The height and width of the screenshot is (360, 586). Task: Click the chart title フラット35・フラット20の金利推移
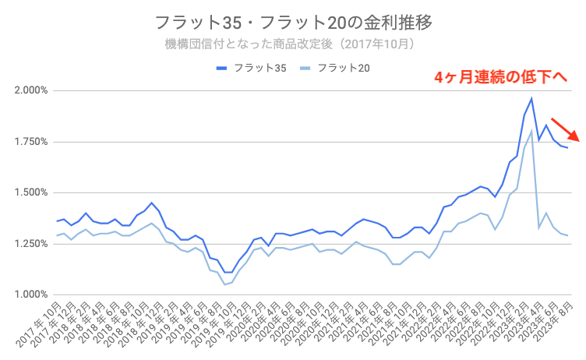(x=292, y=21)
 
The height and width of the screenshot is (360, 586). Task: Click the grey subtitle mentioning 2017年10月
(x=293, y=44)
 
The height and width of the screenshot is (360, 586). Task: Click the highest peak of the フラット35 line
(x=531, y=98)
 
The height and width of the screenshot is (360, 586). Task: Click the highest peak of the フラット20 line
(x=531, y=130)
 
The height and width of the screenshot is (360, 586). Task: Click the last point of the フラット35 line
(x=567, y=147)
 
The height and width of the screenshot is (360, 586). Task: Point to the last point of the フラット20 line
(x=567, y=235)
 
